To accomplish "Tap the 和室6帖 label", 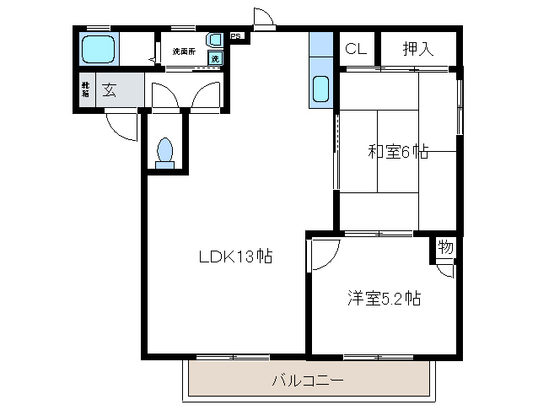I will click(398, 152).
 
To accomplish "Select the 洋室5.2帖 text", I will click(385, 298).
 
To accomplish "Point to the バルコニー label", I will click(307, 381).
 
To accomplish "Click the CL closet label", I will click(354, 49).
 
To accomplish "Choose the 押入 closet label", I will click(417, 49).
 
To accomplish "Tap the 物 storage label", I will click(445, 248).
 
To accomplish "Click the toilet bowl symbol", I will click(165, 152).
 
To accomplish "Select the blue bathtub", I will click(99, 50).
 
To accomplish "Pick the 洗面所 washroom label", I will click(184, 51).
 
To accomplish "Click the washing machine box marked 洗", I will click(215, 58).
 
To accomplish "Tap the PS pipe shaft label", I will click(236, 36).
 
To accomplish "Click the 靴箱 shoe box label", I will click(85, 91).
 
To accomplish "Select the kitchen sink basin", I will click(321, 89).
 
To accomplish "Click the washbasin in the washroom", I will click(215, 40).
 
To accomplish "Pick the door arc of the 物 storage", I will click(446, 271).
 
